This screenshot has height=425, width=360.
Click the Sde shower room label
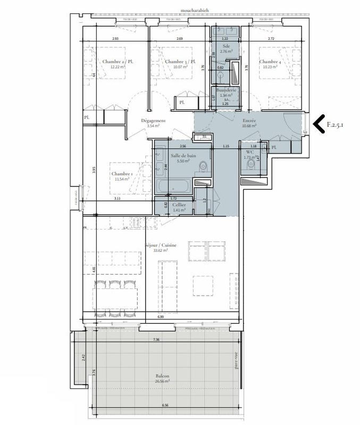click(x=226, y=47)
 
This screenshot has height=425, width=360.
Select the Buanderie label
click(x=227, y=90)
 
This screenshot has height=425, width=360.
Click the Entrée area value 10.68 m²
click(x=249, y=126)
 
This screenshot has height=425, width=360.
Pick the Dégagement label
click(x=153, y=121)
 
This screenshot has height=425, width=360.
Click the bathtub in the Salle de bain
click(x=174, y=186)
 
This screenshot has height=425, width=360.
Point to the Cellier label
click(x=179, y=205)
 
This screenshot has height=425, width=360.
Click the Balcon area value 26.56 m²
click(x=161, y=381)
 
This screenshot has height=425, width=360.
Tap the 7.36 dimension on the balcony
click(x=156, y=339)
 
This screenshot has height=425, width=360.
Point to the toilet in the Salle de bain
click(x=202, y=168)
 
